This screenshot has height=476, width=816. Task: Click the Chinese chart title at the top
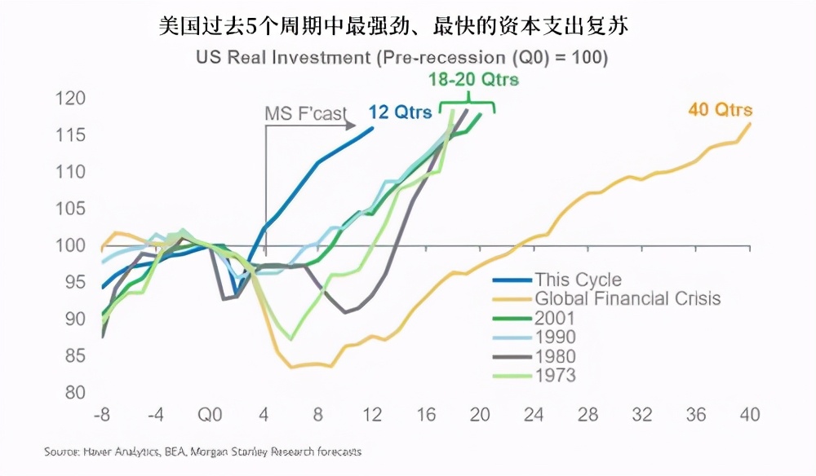(x=394, y=27)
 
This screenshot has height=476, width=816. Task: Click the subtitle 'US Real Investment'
(x=401, y=58)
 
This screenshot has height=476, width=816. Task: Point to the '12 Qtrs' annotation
(x=400, y=113)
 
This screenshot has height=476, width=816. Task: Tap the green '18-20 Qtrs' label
(x=473, y=80)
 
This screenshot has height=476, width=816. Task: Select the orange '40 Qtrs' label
(x=720, y=110)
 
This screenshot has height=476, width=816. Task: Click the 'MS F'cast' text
(x=305, y=113)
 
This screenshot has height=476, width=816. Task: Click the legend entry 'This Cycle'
(x=577, y=280)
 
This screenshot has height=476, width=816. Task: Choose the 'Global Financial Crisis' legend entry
(x=627, y=298)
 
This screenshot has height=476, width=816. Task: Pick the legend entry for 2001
(x=555, y=318)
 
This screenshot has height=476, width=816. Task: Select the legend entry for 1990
(x=555, y=337)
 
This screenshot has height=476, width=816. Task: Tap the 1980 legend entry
(x=555, y=356)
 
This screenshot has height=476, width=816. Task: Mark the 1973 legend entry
(x=555, y=375)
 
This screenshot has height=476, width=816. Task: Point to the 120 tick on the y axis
(x=71, y=99)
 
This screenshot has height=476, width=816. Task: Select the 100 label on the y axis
(x=71, y=245)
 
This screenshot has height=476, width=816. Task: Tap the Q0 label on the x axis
(x=211, y=415)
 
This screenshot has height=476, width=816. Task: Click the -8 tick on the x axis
(x=101, y=415)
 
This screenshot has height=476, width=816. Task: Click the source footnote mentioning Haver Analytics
(x=203, y=451)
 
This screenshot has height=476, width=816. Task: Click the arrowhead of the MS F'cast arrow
(x=352, y=126)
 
